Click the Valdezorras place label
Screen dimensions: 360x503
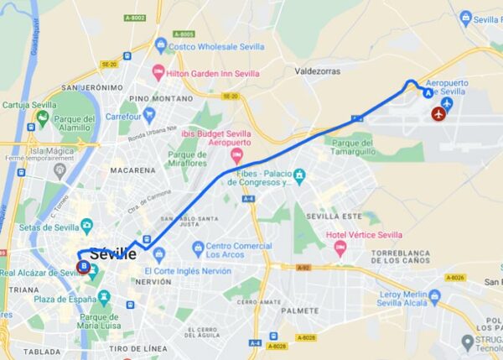[x=316, y=72]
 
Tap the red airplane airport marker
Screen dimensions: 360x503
[x=438, y=113]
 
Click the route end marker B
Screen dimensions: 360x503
[x=83, y=267]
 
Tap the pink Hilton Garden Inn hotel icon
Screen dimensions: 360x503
[x=158, y=72]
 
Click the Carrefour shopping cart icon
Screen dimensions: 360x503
[x=149, y=115]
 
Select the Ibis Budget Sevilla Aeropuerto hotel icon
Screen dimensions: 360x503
[x=236, y=157]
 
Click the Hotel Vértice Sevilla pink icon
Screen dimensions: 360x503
[x=340, y=247]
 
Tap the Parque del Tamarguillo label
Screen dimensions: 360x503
[x=371, y=148]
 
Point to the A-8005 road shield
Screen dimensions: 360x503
[x=184, y=34]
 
